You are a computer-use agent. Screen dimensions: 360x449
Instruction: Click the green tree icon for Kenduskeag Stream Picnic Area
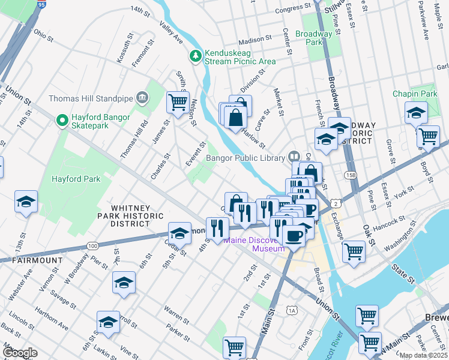tap(196, 56)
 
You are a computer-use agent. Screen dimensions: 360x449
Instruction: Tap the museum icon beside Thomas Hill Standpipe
tap(142, 97)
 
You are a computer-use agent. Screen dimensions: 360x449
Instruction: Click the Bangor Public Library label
tap(244, 158)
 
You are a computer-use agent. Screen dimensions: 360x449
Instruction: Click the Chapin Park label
tap(415, 94)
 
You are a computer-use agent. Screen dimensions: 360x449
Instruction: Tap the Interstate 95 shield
tap(41, 4)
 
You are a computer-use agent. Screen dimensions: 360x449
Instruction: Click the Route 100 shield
tap(92, 245)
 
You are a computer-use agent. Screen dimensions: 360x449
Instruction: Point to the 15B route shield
tap(351, 174)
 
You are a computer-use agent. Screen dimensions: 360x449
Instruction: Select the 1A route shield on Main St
tap(292, 310)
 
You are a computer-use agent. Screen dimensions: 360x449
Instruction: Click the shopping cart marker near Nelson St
tap(178, 103)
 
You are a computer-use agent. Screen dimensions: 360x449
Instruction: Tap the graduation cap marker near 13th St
tap(26, 203)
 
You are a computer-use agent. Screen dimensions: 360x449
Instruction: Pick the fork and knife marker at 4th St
tap(217, 228)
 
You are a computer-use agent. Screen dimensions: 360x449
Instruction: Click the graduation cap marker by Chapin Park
tap(416, 113)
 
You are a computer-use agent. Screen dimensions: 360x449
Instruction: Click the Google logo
tap(19, 352)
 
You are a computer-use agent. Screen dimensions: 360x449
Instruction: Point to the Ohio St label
tap(43, 37)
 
